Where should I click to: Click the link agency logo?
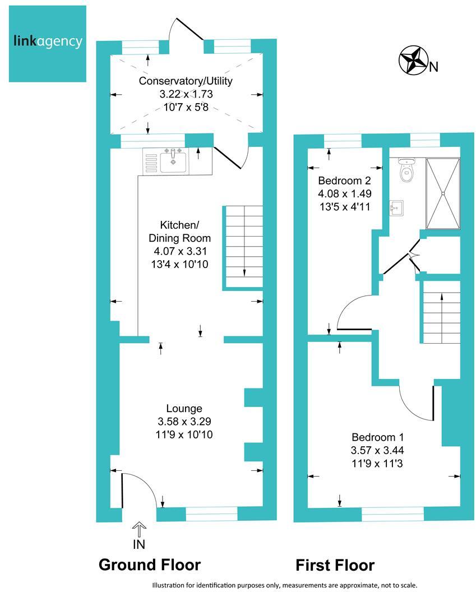[48, 42]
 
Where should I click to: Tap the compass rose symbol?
[412, 61]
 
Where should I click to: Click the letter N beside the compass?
[433, 68]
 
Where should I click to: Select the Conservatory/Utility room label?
[186, 81]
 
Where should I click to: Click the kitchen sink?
[173, 162]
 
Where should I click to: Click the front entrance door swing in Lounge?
[138, 491]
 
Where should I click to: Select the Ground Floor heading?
[149, 564]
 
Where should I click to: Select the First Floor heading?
[335, 565]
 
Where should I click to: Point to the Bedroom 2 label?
[344, 181]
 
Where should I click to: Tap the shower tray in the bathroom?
[443, 194]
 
